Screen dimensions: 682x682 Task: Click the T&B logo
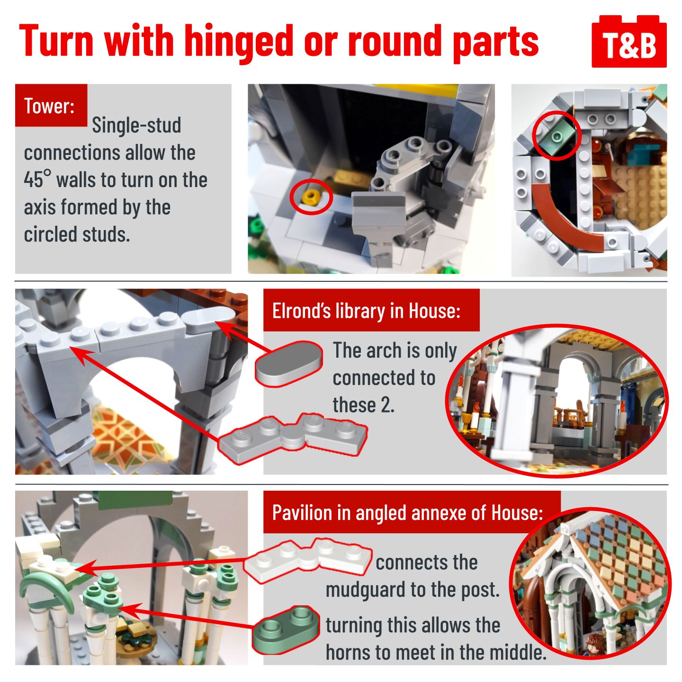point(629,41)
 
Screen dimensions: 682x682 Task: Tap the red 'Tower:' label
point(51,105)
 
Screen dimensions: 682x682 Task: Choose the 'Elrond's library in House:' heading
point(366,310)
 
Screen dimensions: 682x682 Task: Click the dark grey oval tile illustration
point(289,363)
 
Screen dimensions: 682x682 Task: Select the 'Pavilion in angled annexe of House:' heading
point(407,512)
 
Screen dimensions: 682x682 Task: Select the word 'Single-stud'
point(136,126)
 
